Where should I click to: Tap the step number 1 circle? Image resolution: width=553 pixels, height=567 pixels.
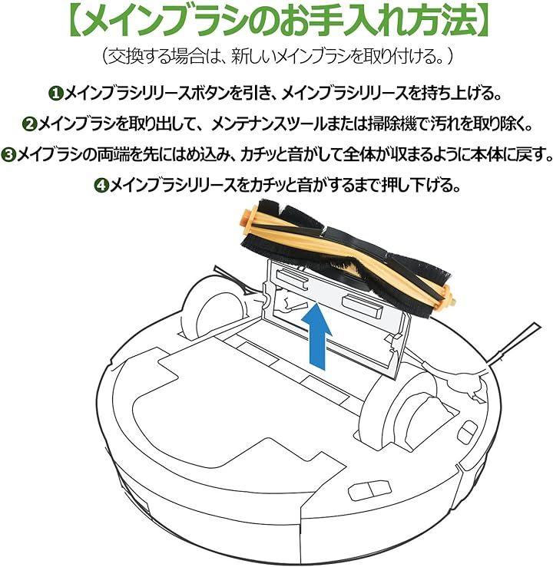tap(55, 94)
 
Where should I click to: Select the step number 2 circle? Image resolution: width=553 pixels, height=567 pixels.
tap(30, 124)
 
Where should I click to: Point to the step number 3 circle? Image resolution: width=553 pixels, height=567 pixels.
tap(8, 155)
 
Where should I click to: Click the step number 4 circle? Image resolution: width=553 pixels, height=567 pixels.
tap(101, 186)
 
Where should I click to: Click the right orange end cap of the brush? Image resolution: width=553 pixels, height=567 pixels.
tap(448, 296)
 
